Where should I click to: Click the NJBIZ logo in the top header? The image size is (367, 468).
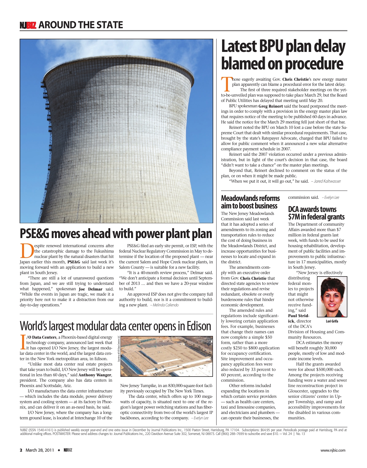(x=28, y=25)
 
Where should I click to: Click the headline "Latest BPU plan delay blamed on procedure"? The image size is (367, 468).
(x=283, y=55)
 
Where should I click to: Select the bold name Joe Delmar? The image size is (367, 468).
(x=91, y=289)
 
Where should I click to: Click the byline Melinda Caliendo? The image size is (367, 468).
(x=165, y=305)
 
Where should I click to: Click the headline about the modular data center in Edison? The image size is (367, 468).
(x=115, y=326)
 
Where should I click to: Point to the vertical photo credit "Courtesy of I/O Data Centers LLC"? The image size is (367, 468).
(x=119, y=349)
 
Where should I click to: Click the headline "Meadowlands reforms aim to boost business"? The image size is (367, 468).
(x=250, y=202)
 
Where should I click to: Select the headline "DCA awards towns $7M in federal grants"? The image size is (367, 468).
(x=316, y=213)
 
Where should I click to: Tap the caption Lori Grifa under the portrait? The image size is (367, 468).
(x=332, y=321)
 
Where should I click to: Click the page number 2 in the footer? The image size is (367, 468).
(x=21, y=450)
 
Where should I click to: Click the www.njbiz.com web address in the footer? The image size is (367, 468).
(x=333, y=450)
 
